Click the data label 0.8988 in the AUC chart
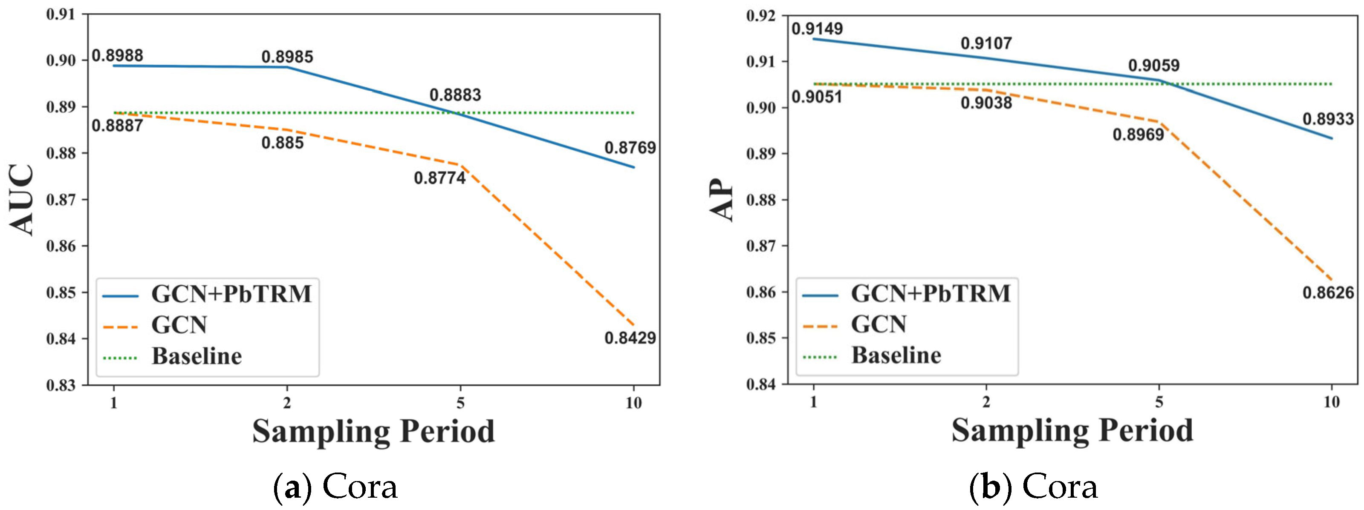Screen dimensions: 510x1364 tap(117, 55)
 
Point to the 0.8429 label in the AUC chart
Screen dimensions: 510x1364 tap(630, 338)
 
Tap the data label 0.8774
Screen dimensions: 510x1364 tap(439, 178)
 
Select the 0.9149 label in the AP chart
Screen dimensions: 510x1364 tap(817, 29)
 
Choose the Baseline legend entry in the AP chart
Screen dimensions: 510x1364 tap(896, 355)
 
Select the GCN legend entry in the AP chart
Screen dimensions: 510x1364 tap(879, 324)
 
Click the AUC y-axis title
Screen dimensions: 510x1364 tap(22, 200)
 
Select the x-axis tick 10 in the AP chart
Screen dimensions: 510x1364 tap(1331, 402)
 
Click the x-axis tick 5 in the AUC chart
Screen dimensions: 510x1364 tap(460, 403)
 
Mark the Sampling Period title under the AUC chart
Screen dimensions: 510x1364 tap(373, 431)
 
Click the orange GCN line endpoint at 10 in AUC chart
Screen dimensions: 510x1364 tap(633, 325)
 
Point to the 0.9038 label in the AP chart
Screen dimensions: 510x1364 tap(986, 103)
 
